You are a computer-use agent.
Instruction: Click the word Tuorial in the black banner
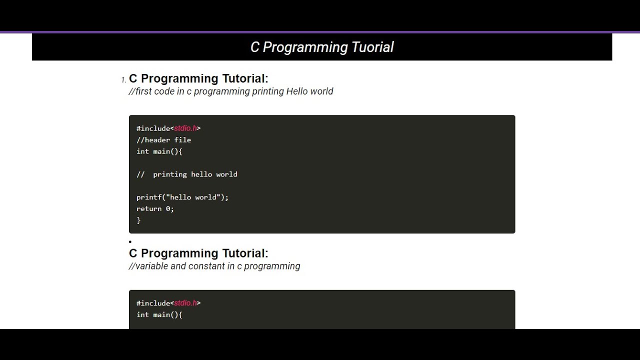(x=372, y=47)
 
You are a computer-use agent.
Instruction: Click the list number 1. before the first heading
(x=123, y=80)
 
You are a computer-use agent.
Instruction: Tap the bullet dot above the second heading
(x=130, y=242)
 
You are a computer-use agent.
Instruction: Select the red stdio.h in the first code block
(x=185, y=128)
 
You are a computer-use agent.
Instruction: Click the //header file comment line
(x=163, y=140)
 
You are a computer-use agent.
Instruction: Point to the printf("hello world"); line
(x=182, y=197)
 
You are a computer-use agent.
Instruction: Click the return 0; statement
(x=155, y=209)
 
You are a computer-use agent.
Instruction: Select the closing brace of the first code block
(x=138, y=220)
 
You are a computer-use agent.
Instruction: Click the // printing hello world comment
(x=186, y=174)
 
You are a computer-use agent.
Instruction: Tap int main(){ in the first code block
(x=159, y=151)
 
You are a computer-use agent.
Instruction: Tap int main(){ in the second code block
(x=159, y=315)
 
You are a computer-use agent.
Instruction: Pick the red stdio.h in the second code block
(x=185, y=303)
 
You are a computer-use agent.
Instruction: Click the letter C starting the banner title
(x=255, y=47)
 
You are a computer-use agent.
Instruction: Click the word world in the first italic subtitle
(x=321, y=91)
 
